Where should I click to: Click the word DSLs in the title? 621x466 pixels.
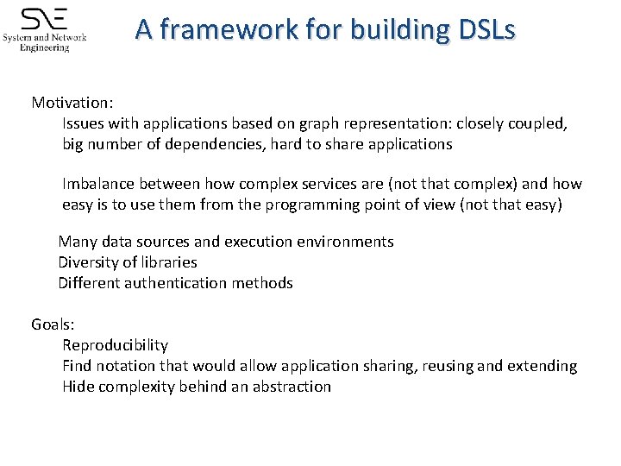486,30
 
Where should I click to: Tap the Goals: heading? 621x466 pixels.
53,324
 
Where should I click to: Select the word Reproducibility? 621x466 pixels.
115,345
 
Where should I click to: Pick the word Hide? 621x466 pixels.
78,387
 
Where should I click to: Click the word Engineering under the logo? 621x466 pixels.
44,47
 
